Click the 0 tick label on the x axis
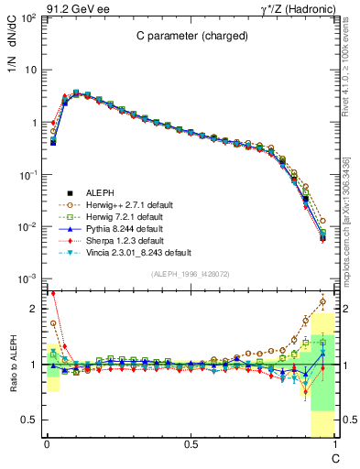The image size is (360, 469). pos(46,444)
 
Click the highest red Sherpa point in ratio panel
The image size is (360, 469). pos(53,293)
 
